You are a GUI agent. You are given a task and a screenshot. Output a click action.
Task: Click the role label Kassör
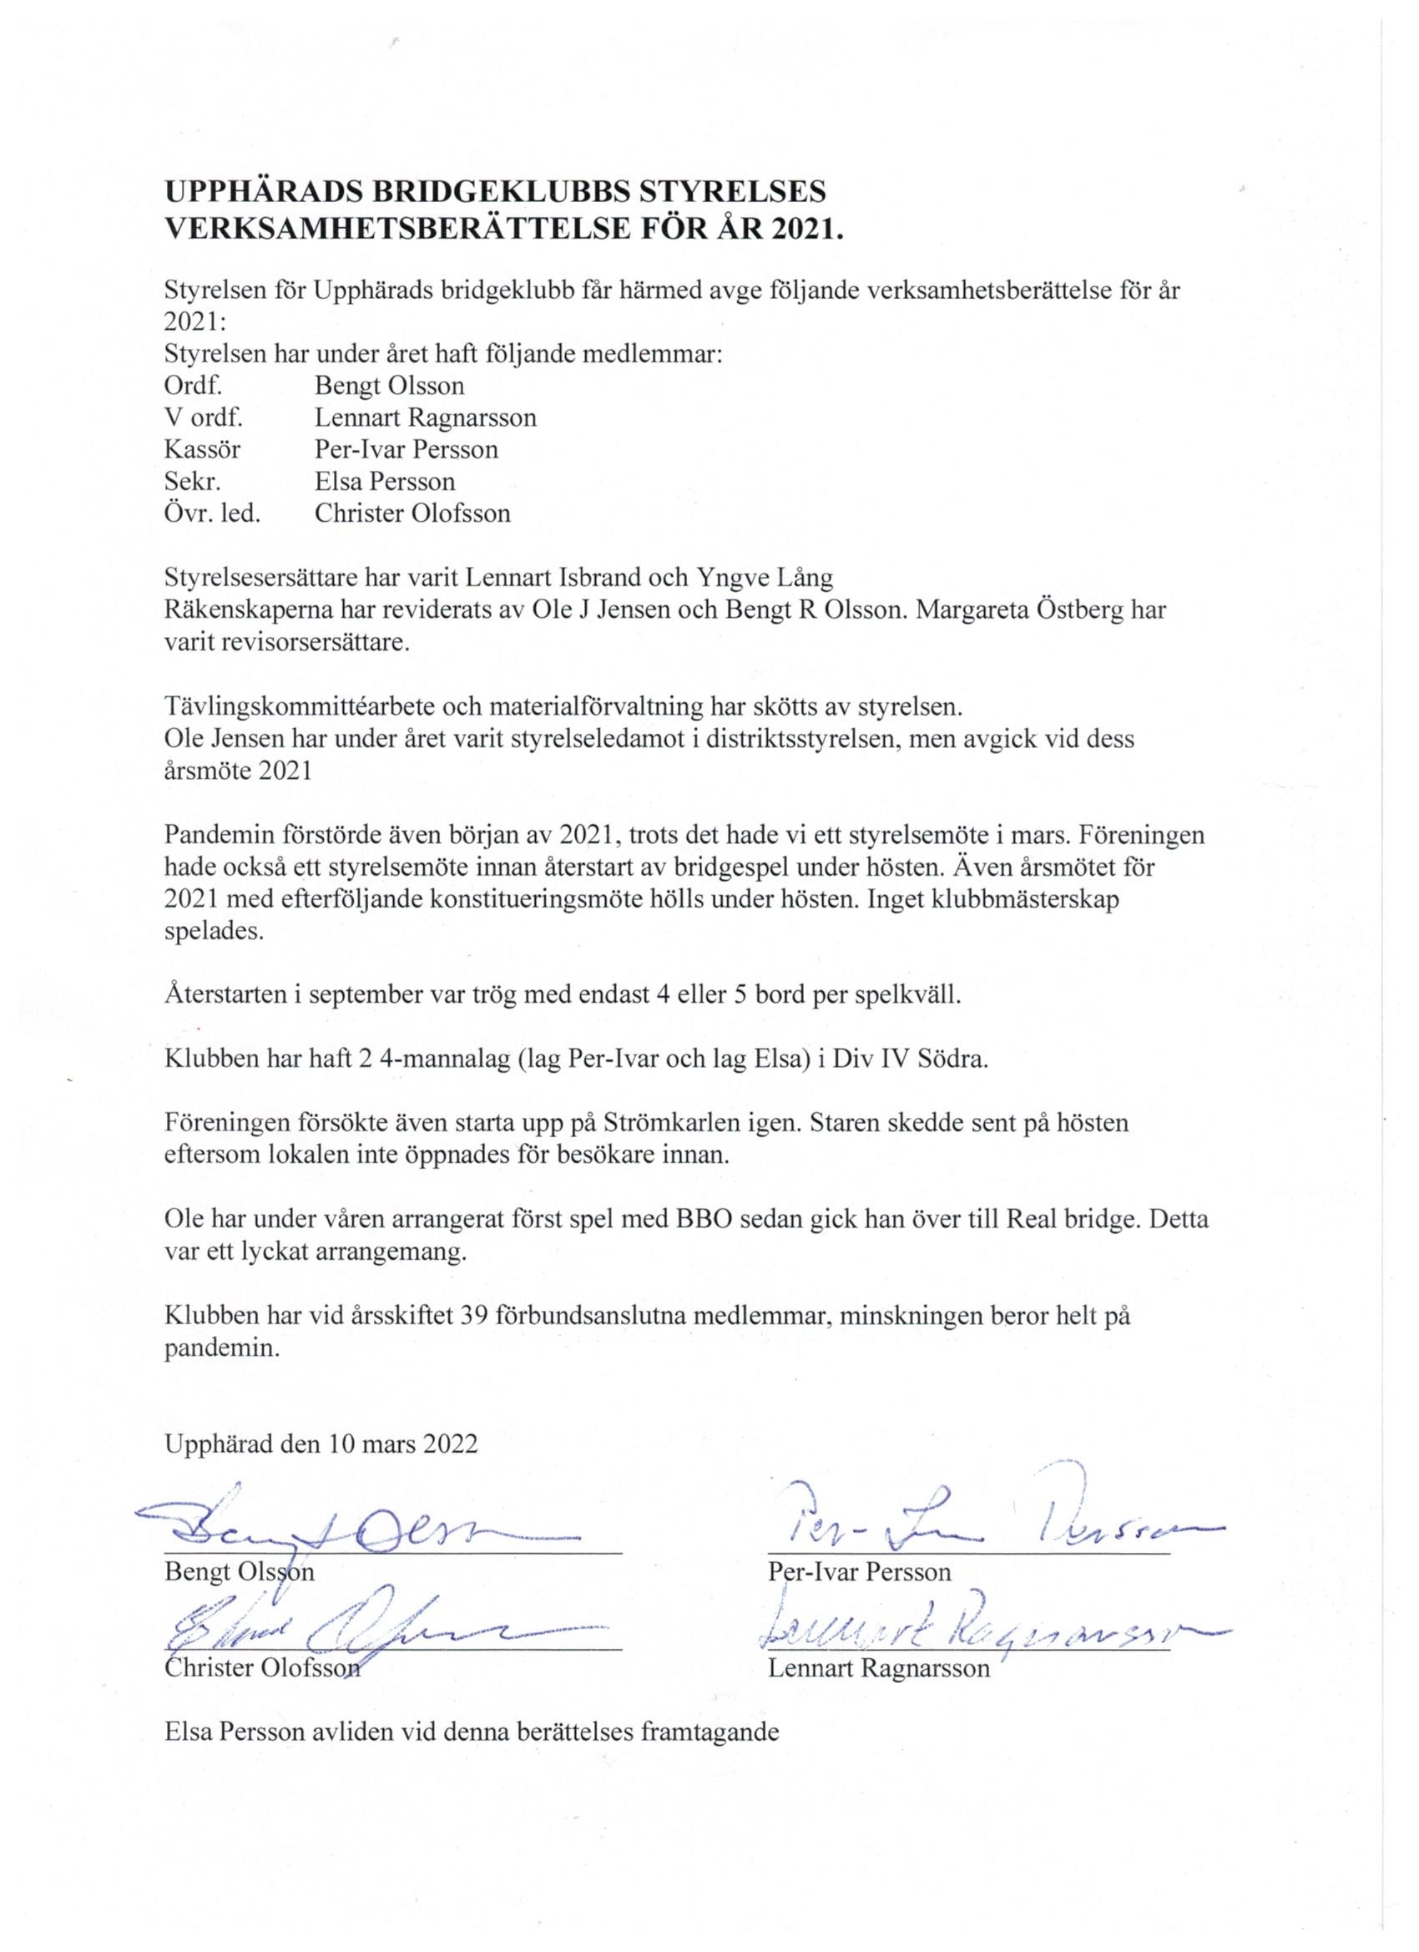coord(202,449)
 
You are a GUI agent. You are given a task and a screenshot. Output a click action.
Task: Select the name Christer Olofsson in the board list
coord(412,513)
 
